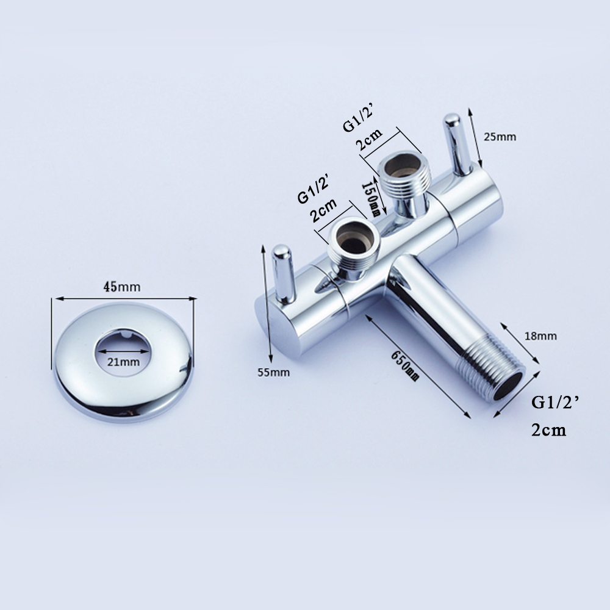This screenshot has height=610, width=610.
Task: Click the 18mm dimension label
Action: [540, 336]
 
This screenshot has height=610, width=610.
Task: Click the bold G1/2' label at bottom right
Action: [554, 402]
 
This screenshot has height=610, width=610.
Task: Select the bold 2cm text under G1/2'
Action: [548, 430]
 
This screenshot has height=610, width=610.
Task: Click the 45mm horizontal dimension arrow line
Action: [125, 298]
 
